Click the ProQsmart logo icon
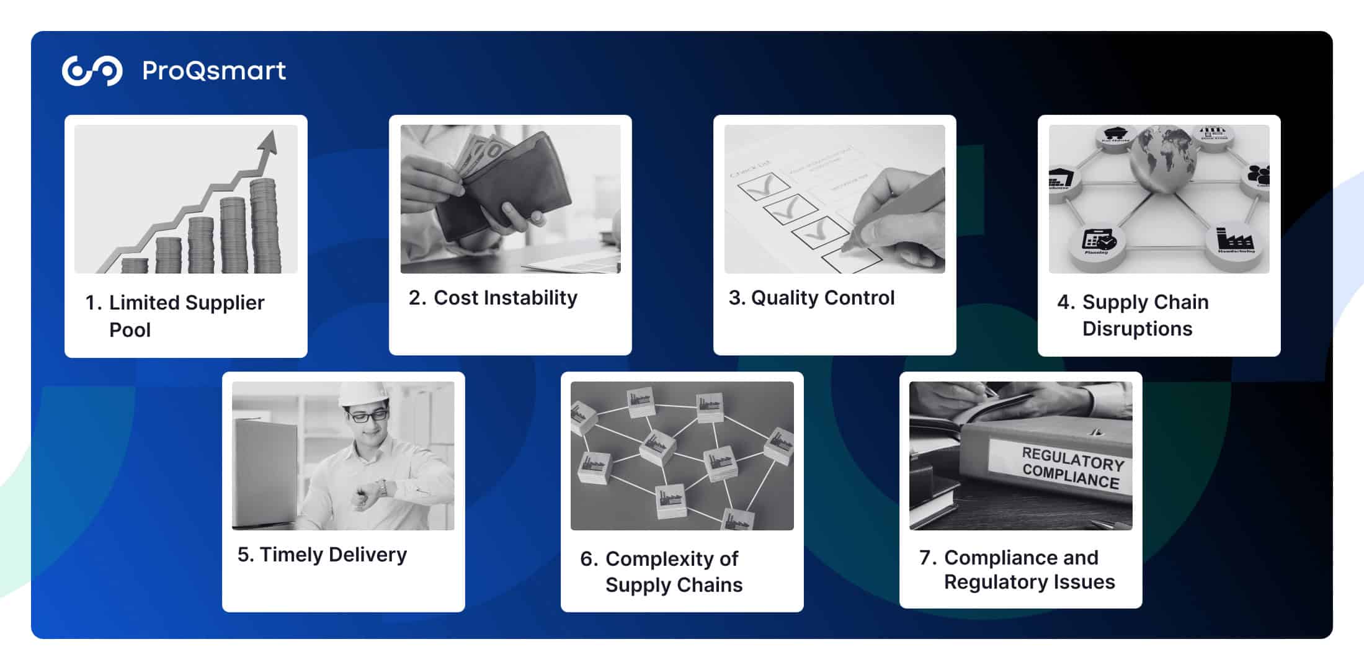tap(92, 71)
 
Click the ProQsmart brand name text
tap(214, 71)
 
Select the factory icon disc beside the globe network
tap(1235, 242)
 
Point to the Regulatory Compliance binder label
tap(1072, 470)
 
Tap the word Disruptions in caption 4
tap(1137, 329)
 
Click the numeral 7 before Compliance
tap(926, 558)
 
